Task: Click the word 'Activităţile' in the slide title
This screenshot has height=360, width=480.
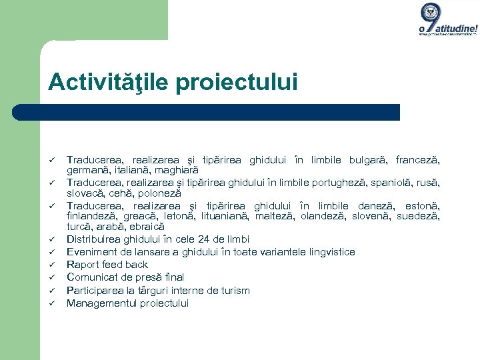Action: [x=104, y=82]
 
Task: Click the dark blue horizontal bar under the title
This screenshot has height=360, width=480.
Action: [x=220, y=112]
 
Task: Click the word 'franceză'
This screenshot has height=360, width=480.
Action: [x=417, y=160]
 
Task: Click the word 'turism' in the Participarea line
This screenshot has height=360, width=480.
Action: [x=235, y=290]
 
